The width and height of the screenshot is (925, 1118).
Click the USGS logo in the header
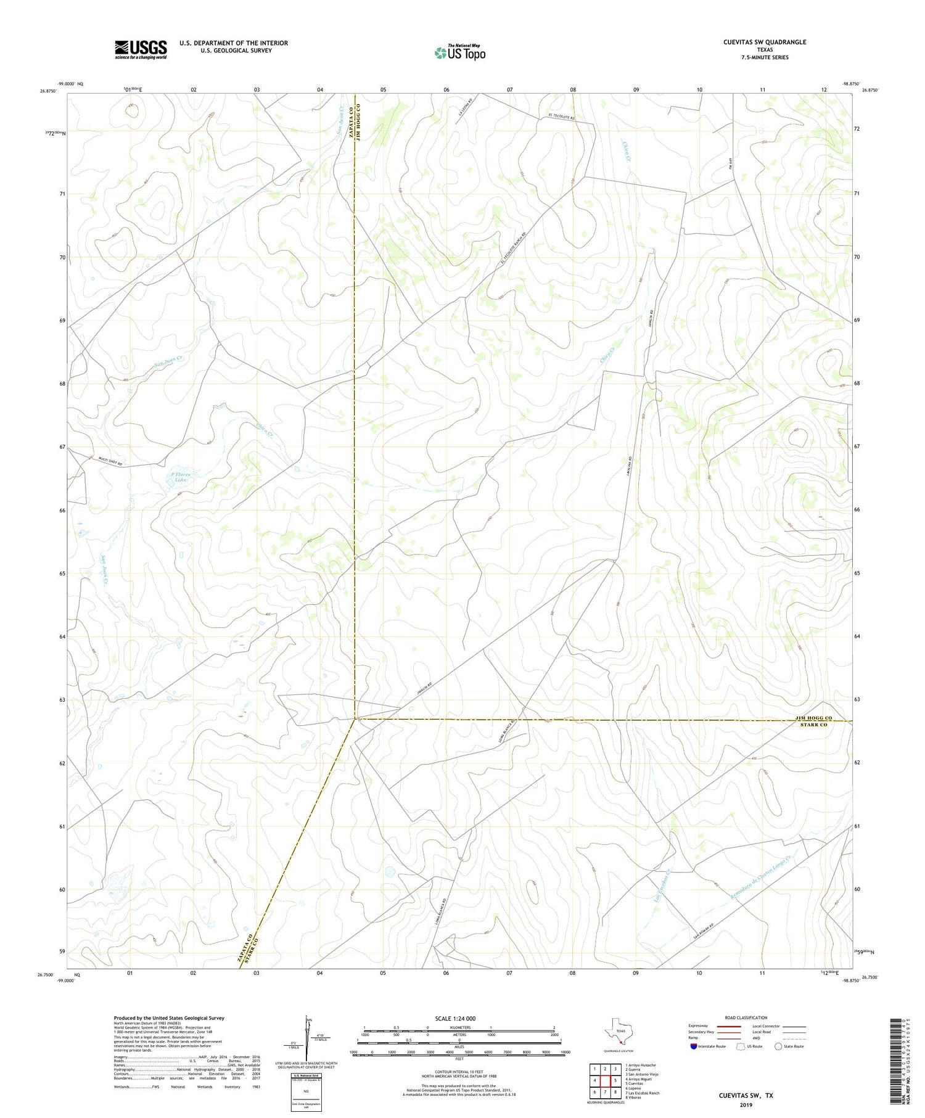140,49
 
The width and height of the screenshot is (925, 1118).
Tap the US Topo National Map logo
459,52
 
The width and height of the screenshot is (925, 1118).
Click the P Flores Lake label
180,477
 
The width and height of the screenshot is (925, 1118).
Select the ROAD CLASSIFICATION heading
746,1017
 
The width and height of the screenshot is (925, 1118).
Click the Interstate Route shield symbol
694,1046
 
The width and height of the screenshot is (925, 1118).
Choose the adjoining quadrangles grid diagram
604,1082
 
